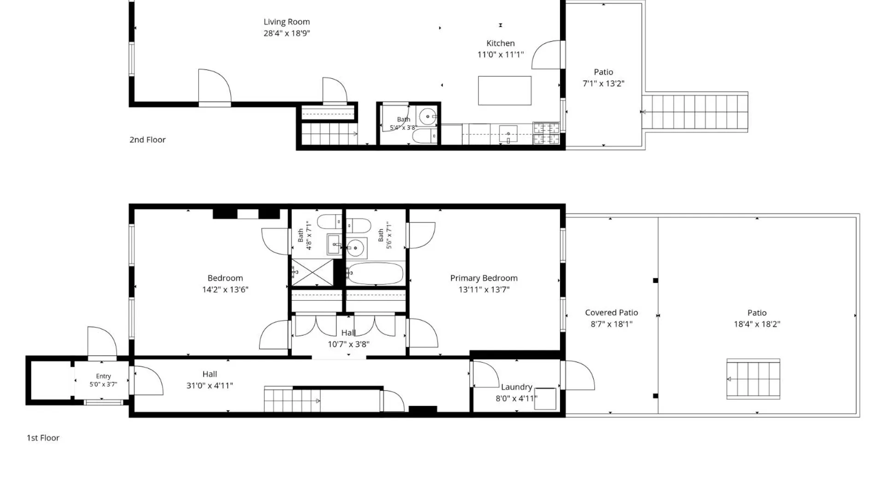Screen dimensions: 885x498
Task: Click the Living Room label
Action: [x=287, y=22]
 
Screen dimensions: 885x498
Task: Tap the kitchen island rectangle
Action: [x=505, y=90]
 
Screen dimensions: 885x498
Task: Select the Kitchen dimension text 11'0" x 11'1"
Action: [x=501, y=54]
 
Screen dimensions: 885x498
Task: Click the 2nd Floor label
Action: [x=147, y=140]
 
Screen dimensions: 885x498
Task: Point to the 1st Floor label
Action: [x=43, y=438]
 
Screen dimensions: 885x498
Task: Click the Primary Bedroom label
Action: [x=484, y=278]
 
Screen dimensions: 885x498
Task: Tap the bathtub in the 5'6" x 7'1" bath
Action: [x=375, y=273]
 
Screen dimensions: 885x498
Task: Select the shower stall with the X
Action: [x=313, y=273]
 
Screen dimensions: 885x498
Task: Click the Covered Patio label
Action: [x=612, y=313]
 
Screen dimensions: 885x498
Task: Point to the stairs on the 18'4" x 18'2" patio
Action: [x=753, y=379]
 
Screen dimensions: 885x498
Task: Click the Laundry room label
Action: [x=517, y=387]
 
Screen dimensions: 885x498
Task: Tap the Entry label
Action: [x=103, y=376]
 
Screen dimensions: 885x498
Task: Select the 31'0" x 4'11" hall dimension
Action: [x=210, y=385]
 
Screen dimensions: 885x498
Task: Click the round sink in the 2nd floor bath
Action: [x=428, y=117]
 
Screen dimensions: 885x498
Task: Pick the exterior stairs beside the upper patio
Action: [x=695, y=112]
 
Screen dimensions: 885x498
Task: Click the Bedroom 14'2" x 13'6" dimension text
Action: [x=225, y=290]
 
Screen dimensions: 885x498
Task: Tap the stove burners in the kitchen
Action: [x=546, y=133]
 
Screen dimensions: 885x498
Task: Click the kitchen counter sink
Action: [x=508, y=134]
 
